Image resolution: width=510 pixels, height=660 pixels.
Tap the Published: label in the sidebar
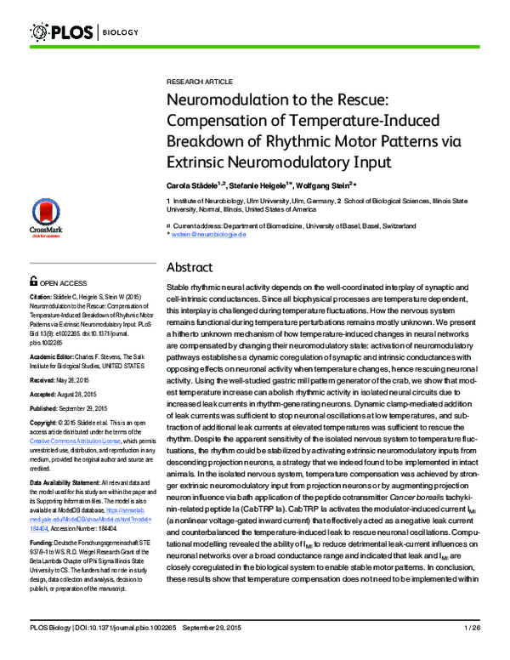47,408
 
